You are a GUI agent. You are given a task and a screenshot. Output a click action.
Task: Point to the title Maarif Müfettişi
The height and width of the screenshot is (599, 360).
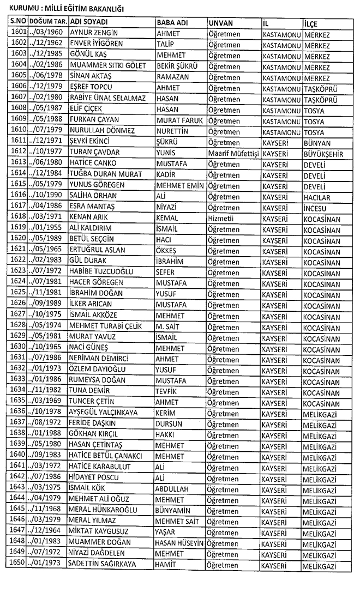click(x=233, y=154)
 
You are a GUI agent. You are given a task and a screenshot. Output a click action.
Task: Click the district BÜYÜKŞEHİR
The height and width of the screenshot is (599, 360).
click(x=323, y=154)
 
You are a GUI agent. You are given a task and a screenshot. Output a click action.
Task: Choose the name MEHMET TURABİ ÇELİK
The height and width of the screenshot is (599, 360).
click(x=104, y=326)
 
